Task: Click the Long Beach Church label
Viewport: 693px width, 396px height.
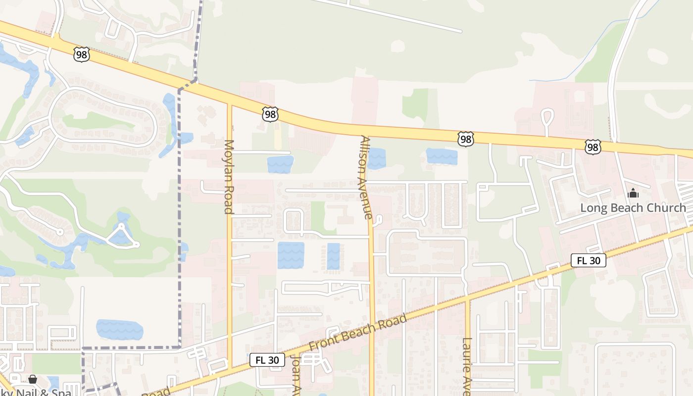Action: [x=633, y=208]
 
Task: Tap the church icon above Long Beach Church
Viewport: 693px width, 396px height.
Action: [x=633, y=194]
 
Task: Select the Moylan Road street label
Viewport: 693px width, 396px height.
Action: [x=229, y=177]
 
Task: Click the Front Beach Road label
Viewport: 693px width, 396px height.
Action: [x=357, y=333]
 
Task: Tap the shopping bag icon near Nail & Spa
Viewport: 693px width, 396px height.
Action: [x=33, y=379]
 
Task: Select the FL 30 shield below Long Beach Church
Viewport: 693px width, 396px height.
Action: [x=588, y=260]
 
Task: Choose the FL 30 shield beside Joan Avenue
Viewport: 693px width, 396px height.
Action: [x=267, y=360]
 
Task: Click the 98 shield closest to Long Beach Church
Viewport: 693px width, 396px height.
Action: [x=593, y=147]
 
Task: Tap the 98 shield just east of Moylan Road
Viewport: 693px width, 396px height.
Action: [x=270, y=115]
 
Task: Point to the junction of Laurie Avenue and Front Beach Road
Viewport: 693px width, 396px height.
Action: [x=467, y=299]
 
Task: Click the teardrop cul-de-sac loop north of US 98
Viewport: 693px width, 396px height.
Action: [x=547, y=116]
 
